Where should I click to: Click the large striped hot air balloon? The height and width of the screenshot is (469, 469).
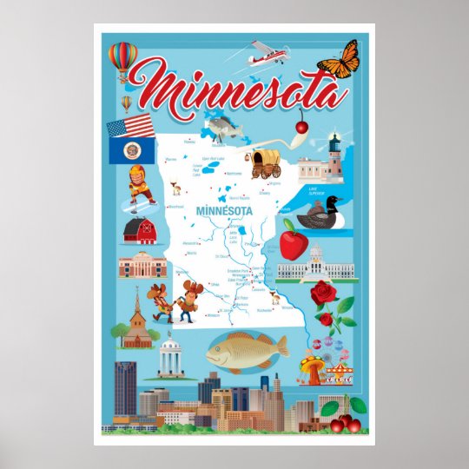point(122,57)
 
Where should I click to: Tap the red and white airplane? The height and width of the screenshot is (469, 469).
point(265,55)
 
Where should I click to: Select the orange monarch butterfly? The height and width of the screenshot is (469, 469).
point(338,59)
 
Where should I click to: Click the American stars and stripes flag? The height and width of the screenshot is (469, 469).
point(130,127)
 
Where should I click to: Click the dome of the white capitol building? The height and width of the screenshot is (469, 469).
point(317,254)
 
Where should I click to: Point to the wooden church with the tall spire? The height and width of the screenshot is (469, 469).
point(136,322)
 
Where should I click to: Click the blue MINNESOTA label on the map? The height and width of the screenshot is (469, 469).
point(223,211)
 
